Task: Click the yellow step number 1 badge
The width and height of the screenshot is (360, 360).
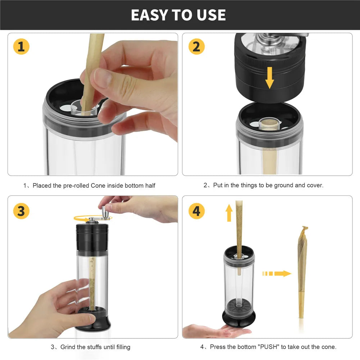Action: point(21,46)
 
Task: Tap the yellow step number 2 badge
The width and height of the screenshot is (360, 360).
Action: point(197,46)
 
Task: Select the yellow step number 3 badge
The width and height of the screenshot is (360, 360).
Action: point(21,211)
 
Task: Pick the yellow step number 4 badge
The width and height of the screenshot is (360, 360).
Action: point(197,211)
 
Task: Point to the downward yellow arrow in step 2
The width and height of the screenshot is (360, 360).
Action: point(270,78)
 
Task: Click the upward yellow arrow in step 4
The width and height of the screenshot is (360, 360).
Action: point(229,213)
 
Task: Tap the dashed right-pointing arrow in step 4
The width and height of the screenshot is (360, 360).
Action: point(276,274)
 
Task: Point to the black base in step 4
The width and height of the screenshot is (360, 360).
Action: point(239,319)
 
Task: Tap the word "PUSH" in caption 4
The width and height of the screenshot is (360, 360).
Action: point(269,347)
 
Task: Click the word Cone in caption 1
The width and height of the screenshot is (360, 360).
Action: point(98,185)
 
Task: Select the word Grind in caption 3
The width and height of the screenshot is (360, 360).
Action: point(68,347)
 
